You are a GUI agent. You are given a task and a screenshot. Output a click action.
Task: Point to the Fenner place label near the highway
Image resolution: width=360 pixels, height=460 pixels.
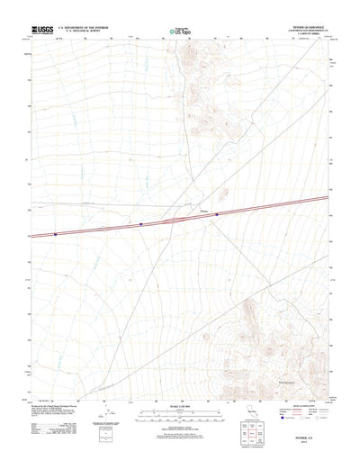point(203,212)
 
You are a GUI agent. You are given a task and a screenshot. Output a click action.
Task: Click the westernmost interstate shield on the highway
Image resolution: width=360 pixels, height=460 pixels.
point(55,234)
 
